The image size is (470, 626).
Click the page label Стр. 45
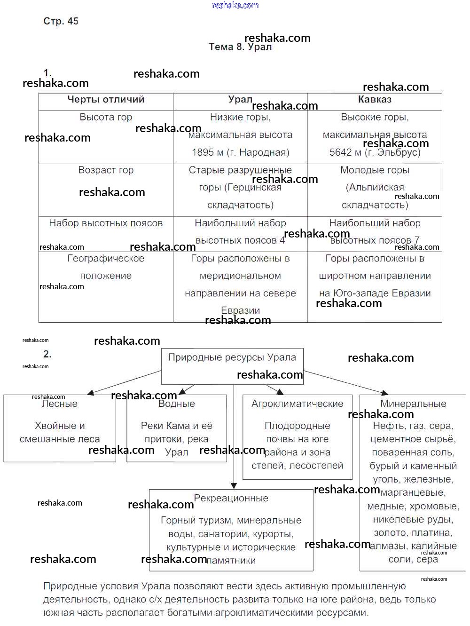[61, 21]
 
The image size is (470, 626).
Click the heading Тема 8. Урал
[240, 47]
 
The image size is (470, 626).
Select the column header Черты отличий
[106, 99]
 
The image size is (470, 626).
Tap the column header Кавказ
[375, 99]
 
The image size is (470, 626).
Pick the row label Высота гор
[106, 117]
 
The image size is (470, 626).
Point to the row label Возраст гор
[106, 170]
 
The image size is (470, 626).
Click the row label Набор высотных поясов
[106, 223]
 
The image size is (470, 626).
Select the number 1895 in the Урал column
[203, 152]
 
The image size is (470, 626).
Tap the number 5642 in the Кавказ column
[340, 152]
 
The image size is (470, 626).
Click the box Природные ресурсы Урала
[232, 357]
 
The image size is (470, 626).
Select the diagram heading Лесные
[60, 404]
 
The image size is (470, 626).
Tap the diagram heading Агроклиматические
[297, 404]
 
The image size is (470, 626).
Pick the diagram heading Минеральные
[413, 404]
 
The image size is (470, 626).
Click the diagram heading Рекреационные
[231, 499]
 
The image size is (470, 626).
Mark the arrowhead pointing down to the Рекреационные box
[234, 486]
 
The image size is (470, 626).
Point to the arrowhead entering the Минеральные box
[385, 393]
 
